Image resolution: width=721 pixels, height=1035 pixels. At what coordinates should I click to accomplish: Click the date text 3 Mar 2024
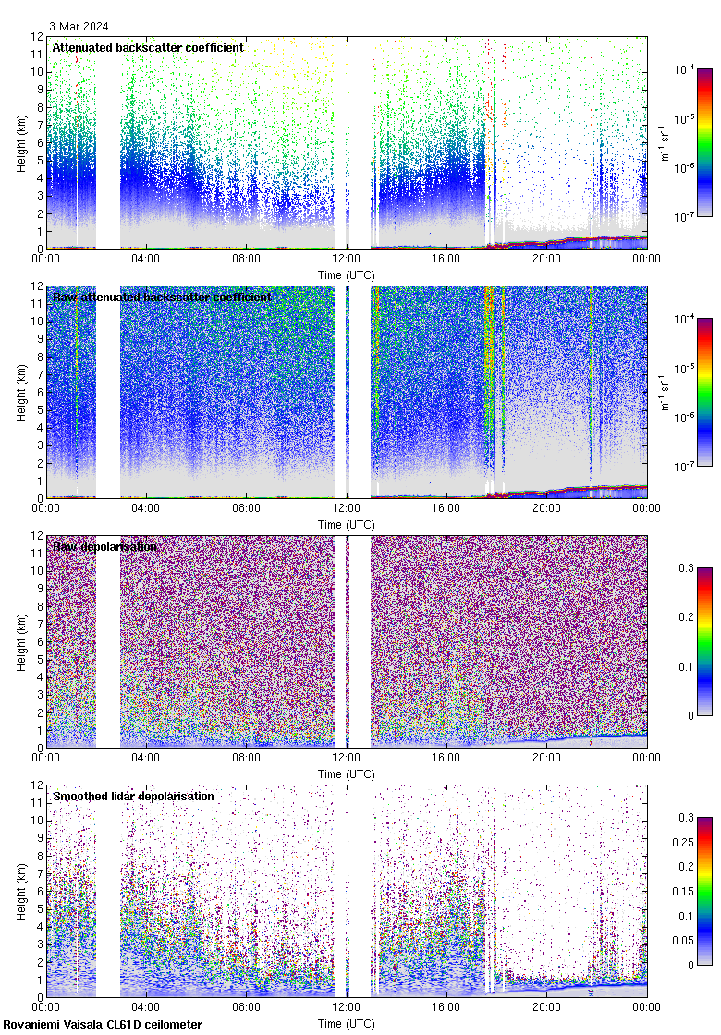pos(82,27)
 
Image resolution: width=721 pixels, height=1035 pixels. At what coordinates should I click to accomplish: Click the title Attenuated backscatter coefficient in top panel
pos(148,47)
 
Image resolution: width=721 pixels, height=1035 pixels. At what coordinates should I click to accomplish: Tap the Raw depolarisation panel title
pos(104,546)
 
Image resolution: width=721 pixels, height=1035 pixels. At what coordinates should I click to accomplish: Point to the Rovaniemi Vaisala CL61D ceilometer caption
pos(103,1024)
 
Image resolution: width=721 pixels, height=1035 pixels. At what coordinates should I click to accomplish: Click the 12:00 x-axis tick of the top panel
pos(347,260)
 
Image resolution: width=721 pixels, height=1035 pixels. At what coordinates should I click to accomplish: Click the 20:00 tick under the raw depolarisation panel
pos(546,759)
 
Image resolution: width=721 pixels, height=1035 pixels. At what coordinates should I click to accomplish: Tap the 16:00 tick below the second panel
pos(446,509)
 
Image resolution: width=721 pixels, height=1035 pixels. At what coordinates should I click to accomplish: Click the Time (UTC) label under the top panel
pos(347,274)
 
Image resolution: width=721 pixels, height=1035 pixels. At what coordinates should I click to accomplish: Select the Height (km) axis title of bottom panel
pos(21,891)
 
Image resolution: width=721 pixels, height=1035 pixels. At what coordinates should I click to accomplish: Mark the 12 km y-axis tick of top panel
pos(36,37)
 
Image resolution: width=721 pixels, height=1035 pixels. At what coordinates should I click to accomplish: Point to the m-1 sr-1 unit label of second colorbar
pos(664,393)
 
